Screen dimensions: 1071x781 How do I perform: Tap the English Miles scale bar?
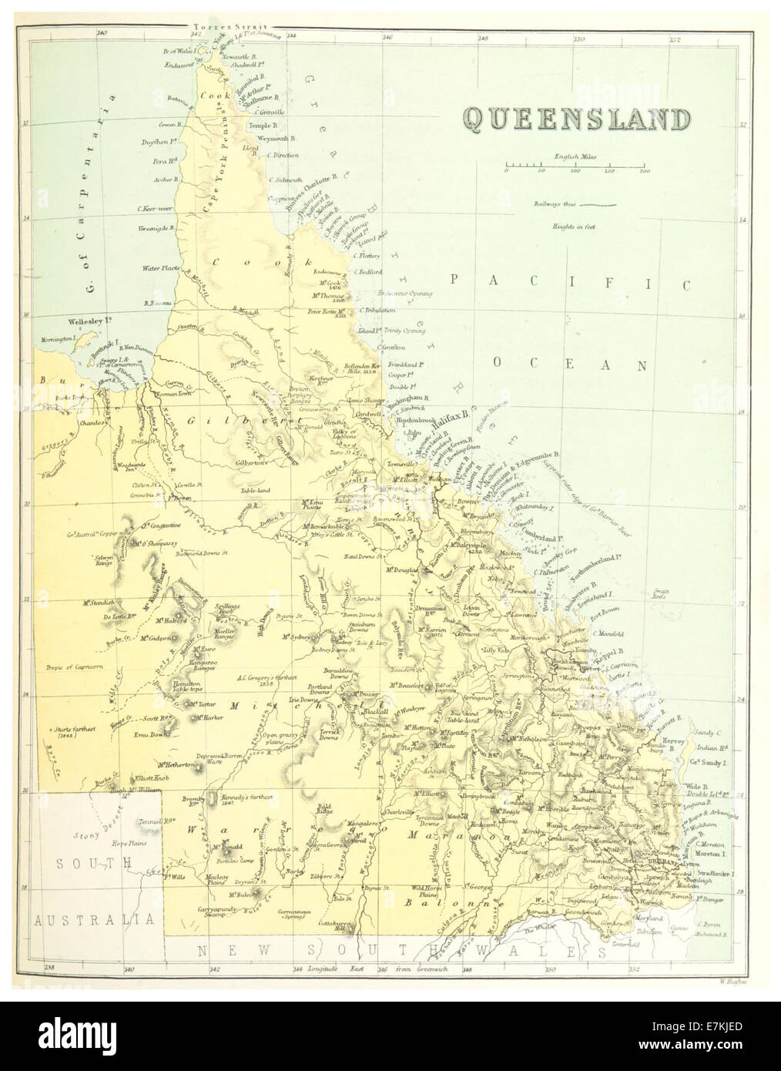click(x=575, y=166)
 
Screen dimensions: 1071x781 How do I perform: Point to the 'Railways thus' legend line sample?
click(x=598, y=205)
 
